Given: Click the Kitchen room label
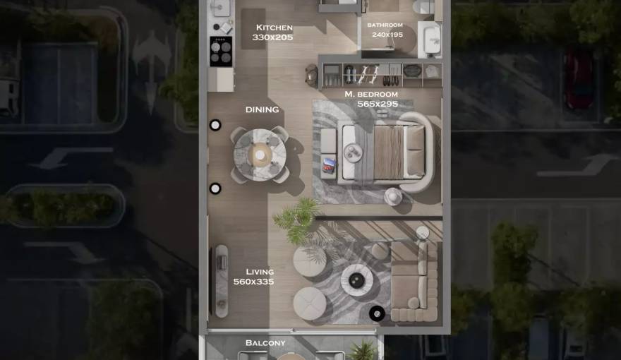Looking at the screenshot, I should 274,28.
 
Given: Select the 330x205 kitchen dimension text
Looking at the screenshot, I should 274,37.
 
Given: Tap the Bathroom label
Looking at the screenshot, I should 385,25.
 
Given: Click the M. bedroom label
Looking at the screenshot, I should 371,94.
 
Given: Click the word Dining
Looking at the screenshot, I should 262,109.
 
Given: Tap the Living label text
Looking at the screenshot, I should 260,272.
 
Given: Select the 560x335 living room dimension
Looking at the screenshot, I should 253,282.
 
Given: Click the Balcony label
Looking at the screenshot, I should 265,343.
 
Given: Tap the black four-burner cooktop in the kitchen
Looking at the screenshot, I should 221,50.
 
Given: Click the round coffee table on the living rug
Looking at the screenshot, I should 356,279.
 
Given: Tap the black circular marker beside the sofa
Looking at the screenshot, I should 378,313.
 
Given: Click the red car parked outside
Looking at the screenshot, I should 579,78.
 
